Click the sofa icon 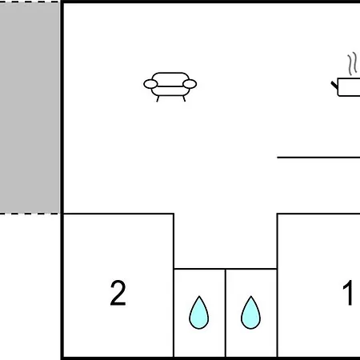pos(170,86)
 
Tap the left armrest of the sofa pos(150,84)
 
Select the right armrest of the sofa pos(190,84)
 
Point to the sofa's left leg pos(158,99)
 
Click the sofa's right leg pos(184,99)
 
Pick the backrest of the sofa pos(170,79)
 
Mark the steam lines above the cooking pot pos(352,63)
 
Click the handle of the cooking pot pos(334,86)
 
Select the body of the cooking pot pos(349,87)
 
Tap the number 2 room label pos(118,293)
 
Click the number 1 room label pos(348,293)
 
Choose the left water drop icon pos(199,313)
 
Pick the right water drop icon pos(250,313)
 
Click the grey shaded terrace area pos(30,107)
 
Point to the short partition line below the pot pos(318,158)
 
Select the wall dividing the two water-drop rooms pos(226,313)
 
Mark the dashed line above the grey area pos(30,2)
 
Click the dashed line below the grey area pos(30,214)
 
